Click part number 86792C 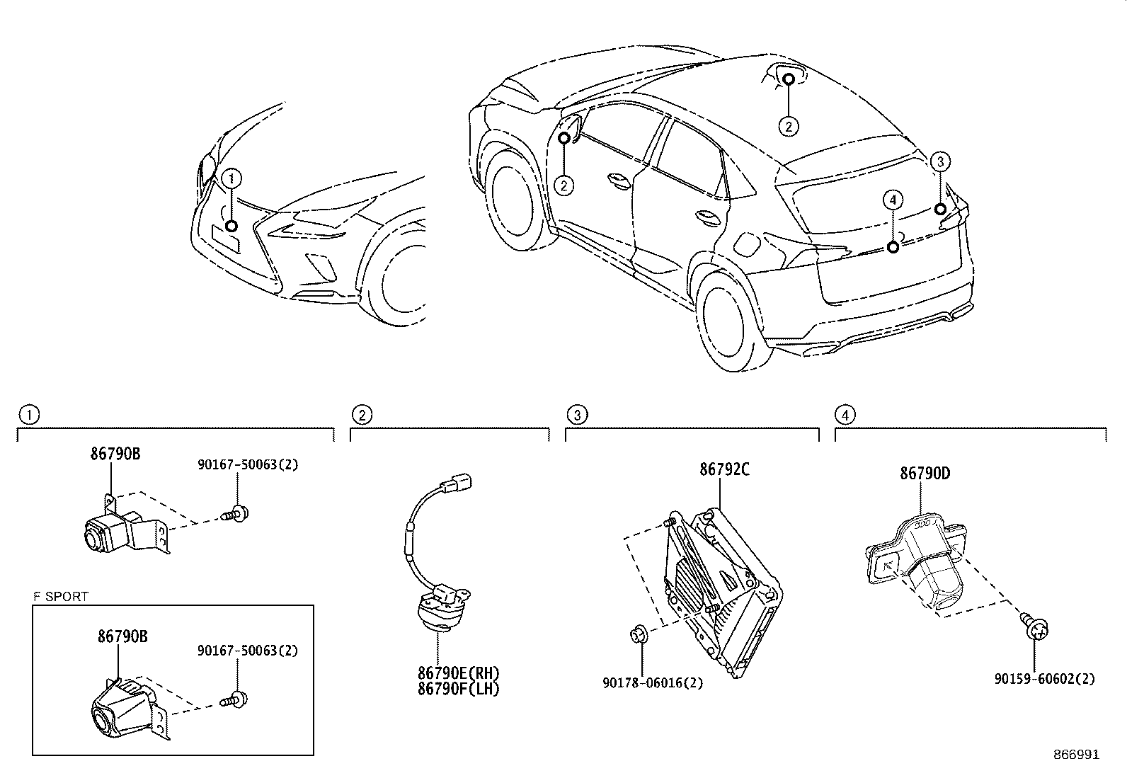(x=724, y=469)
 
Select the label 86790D (x=925, y=474)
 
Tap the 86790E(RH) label (x=458, y=673)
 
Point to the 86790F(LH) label (x=458, y=688)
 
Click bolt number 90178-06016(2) (x=653, y=682)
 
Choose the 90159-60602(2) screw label (x=1044, y=679)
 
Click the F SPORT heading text (x=61, y=597)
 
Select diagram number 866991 (x=1076, y=755)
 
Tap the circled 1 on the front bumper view (x=231, y=179)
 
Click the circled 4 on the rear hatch (x=893, y=200)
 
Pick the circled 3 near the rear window (x=939, y=162)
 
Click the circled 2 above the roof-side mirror (x=789, y=126)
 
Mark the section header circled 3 (x=577, y=415)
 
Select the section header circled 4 (x=844, y=415)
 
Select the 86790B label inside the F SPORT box (x=122, y=636)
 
